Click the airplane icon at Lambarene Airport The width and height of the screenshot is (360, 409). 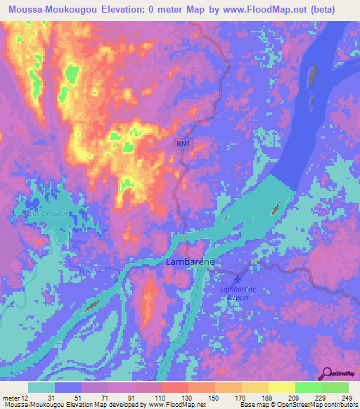243,270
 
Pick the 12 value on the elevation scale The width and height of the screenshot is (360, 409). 27,398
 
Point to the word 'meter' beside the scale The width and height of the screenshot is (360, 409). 11,398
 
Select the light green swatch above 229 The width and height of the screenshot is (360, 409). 309,388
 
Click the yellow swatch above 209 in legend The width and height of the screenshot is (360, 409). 282,388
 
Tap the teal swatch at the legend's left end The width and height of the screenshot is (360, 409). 41,388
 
